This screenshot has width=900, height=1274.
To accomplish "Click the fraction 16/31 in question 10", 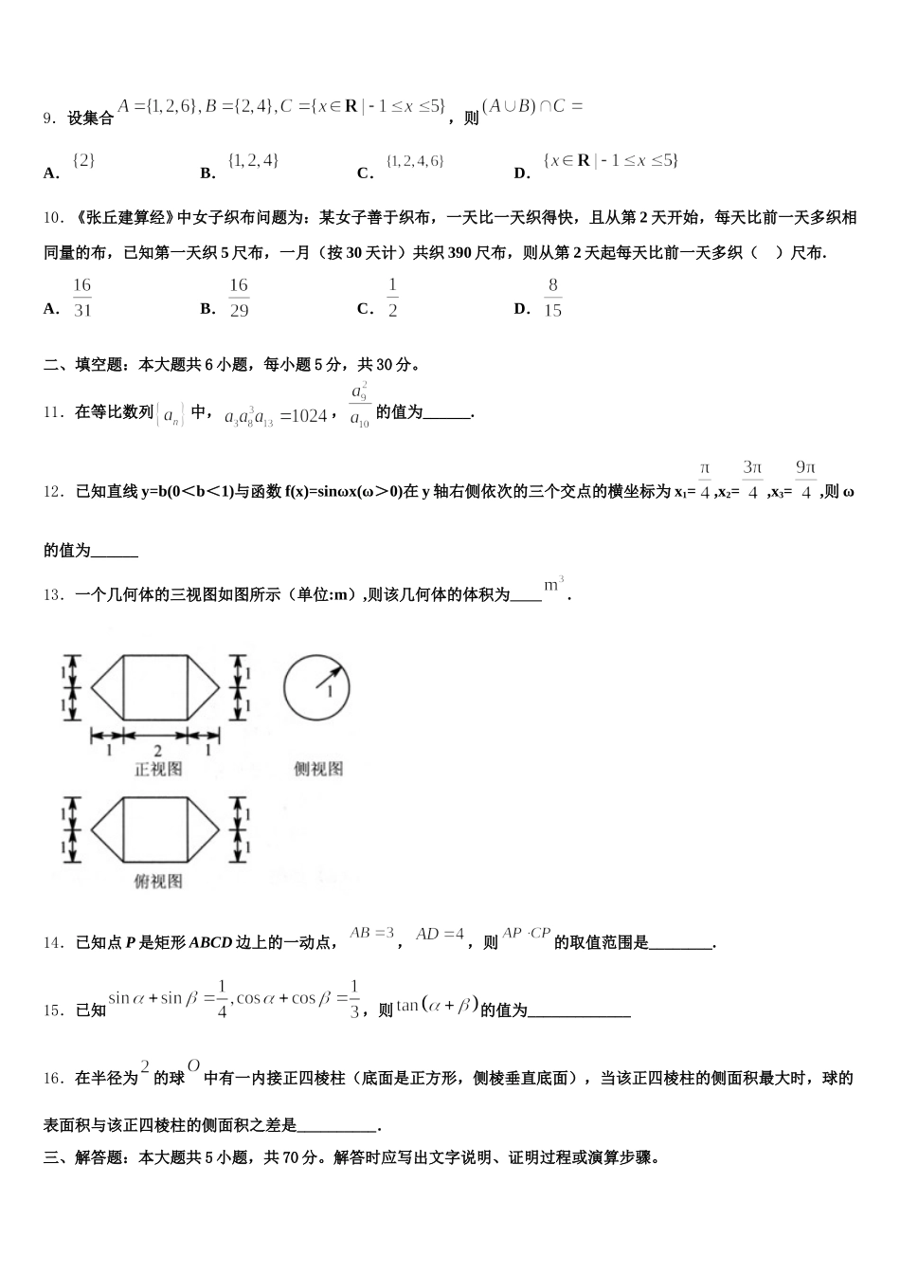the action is click(x=81, y=298).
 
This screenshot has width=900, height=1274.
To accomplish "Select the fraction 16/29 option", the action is click(x=239, y=298).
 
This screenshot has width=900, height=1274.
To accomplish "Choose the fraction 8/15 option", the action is click(x=553, y=298).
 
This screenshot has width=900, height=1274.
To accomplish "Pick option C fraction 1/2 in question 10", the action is click(x=392, y=298).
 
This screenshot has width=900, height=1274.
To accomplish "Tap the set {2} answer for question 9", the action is click(x=84, y=161).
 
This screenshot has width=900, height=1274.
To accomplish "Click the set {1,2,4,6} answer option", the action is click(x=415, y=162).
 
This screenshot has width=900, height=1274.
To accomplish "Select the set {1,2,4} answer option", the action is click(x=253, y=161).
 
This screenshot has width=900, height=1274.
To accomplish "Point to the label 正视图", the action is click(x=158, y=769).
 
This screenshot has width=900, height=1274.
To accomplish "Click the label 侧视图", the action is click(x=317, y=769).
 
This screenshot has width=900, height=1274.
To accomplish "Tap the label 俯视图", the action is click(x=158, y=882).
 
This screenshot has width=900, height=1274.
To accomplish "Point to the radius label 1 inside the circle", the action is click(x=330, y=693).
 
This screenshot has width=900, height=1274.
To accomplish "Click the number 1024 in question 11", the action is click(x=309, y=415).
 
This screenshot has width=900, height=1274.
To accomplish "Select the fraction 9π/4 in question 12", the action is click(x=806, y=481).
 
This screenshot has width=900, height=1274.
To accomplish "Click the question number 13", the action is click(x=53, y=595).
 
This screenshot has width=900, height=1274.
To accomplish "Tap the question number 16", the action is click(x=53, y=1079).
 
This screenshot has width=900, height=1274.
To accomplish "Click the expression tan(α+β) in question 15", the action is click(x=438, y=1006).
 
